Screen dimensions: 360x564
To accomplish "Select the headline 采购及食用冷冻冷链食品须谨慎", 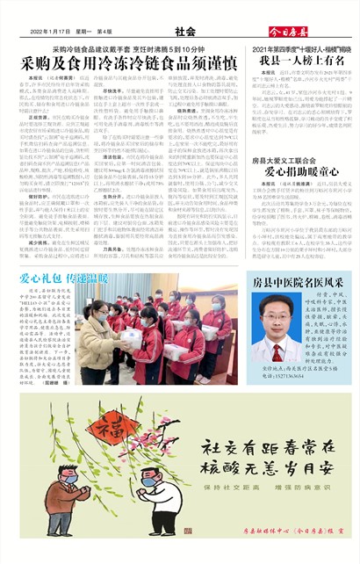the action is [129, 64].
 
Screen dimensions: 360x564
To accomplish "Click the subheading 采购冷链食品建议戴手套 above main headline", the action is [129, 47].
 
